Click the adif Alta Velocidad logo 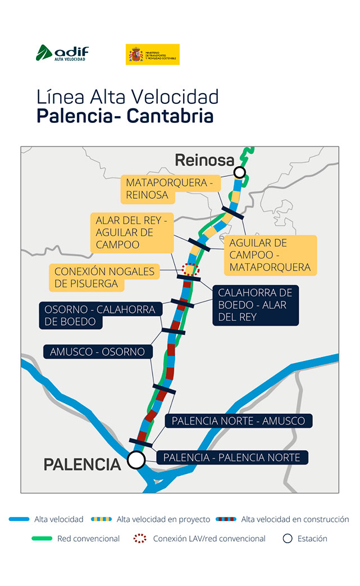62,53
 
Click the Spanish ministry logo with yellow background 152,54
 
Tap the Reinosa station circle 240,172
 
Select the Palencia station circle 135,460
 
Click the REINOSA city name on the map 204,161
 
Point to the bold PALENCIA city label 82,465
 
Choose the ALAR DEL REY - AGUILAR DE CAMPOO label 131,232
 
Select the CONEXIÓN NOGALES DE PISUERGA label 104,278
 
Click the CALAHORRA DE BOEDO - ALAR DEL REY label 255,305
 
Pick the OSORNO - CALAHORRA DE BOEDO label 97,315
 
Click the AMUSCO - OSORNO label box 97,352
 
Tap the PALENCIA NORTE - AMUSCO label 238,421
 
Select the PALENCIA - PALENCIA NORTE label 231,458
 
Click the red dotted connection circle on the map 192,269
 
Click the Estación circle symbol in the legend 288,539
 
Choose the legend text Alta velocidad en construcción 295,520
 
